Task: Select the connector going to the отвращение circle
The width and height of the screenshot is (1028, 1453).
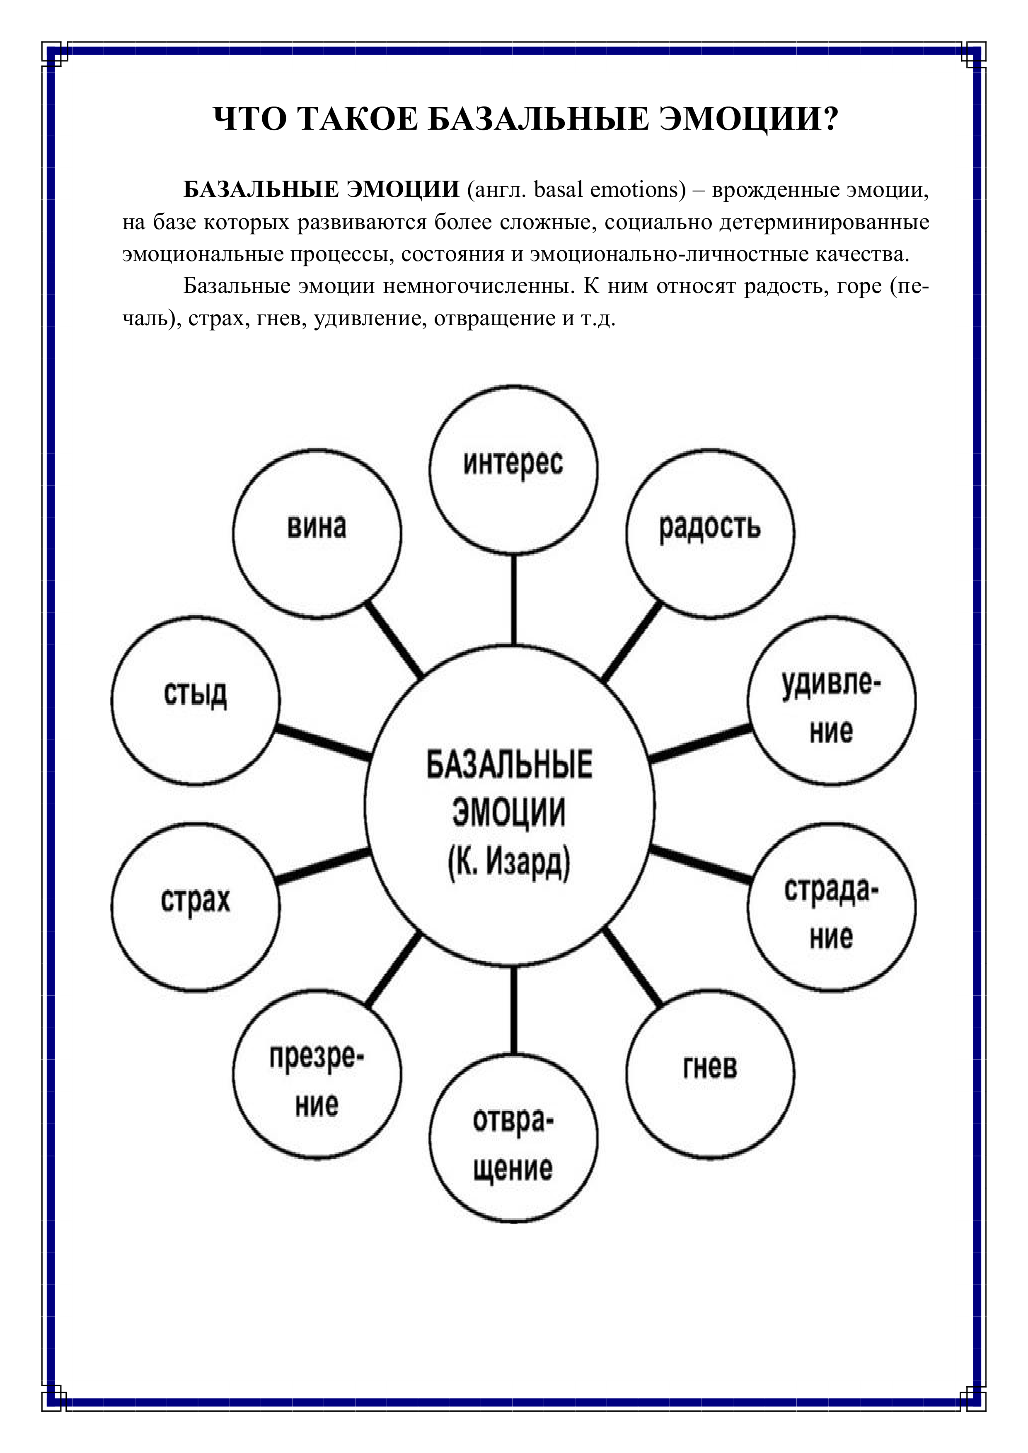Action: pos(513,1009)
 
